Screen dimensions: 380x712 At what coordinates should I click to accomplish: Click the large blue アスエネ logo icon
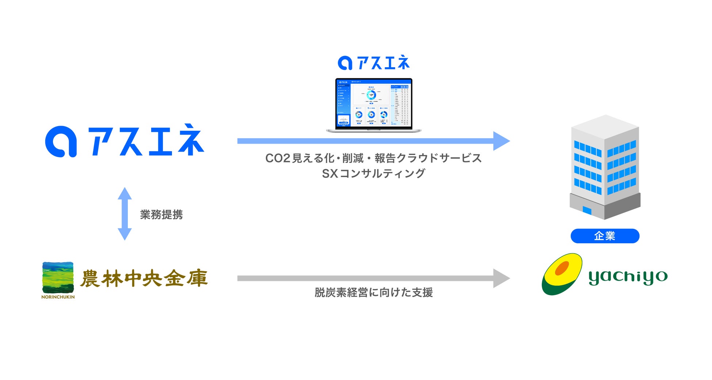coord(61,142)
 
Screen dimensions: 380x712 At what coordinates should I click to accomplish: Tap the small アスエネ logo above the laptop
coord(374,63)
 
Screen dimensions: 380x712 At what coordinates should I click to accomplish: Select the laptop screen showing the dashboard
coord(374,103)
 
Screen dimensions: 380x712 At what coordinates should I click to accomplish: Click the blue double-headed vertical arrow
coord(125,214)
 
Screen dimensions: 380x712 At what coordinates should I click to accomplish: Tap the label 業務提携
coord(161,214)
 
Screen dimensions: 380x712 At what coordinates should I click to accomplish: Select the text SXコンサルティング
coord(374,173)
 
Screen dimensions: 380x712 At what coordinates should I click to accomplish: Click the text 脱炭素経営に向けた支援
coord(374,292)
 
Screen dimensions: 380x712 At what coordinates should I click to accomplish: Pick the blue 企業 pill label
coord(605,236)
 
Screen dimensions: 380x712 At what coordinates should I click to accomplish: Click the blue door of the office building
coord(587,210)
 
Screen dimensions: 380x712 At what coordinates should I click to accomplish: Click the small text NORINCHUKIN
coord(58,297)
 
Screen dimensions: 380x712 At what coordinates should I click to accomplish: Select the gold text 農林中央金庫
coord(144,278)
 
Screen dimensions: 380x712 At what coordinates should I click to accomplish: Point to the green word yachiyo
coord(628,277)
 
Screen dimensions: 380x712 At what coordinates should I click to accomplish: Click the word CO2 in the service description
coord(277,158)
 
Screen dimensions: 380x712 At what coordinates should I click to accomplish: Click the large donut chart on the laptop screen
coord(371,95)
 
